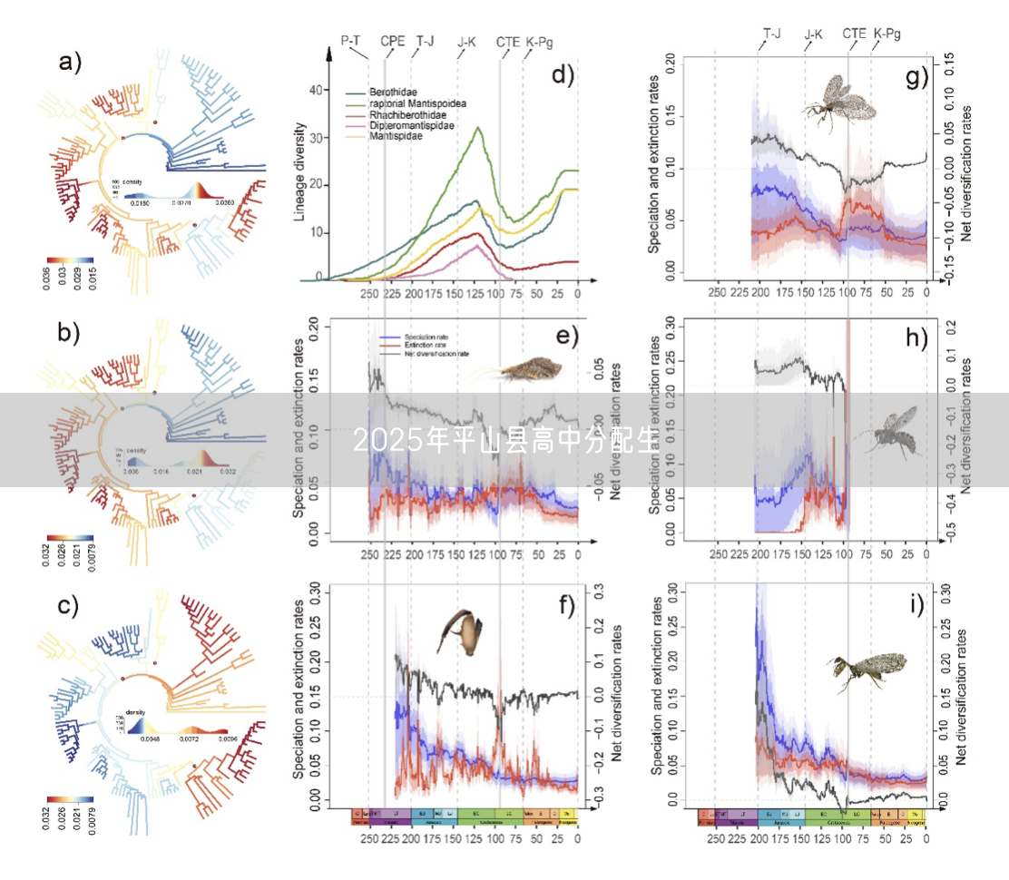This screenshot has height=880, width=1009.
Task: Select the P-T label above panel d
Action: [353, 41]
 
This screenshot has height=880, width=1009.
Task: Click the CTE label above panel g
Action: [854, 34]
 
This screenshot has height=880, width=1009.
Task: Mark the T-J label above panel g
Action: [772, 34]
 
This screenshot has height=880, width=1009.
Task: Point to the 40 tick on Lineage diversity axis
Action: [317, 90]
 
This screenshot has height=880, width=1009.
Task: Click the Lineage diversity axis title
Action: [299, 172]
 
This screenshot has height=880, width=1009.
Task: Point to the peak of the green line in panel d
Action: [477, 127]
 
